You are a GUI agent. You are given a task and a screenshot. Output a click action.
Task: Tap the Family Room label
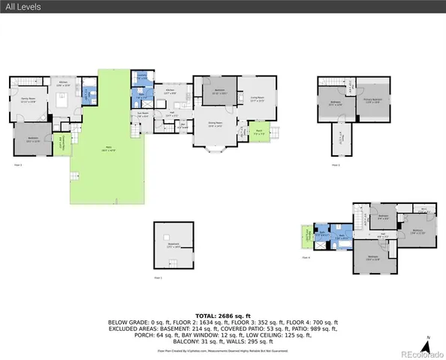click(x=29, y=99)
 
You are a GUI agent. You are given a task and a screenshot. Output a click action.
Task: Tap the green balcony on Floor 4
click(x=306, y=236)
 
